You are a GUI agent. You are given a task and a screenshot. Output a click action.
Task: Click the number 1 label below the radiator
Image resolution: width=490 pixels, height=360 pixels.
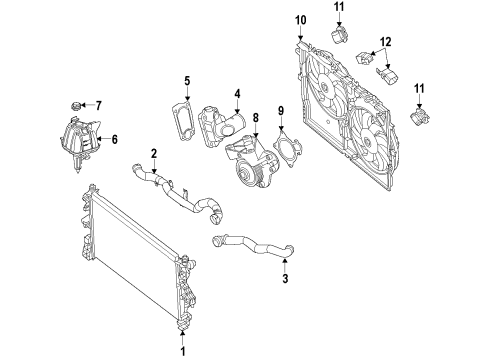click(183, 351)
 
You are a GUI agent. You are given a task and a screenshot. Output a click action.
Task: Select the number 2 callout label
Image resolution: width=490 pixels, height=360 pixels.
click(153, 153)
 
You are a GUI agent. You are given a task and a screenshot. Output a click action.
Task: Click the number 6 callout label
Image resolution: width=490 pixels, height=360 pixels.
click(113, 141)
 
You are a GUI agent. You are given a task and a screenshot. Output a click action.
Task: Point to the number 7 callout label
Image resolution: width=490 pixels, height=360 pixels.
click(98, 104)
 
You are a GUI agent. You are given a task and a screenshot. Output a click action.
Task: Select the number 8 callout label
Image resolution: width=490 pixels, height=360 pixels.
click(256, 119)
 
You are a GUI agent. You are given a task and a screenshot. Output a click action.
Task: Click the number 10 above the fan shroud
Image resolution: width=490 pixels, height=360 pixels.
click(301, 21)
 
